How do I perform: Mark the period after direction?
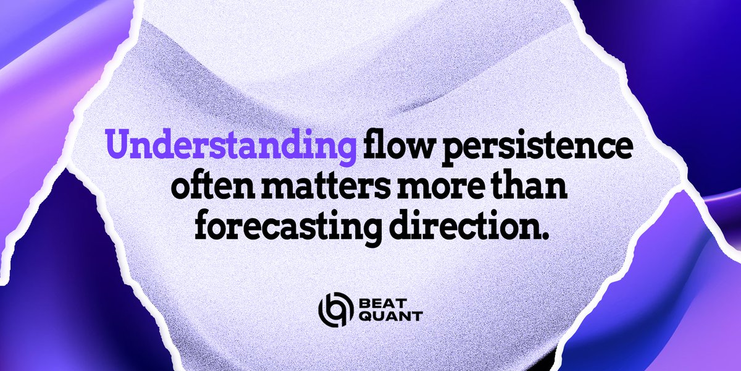[543, 236]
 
